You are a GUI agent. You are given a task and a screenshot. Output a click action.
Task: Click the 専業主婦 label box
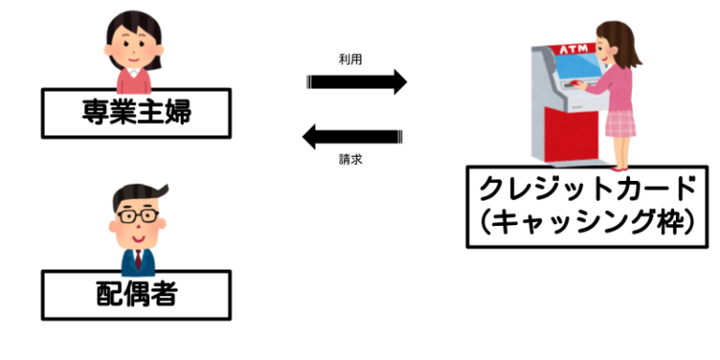tap(136, 112)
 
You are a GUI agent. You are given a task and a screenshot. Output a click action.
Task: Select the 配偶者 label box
tap(136, 294)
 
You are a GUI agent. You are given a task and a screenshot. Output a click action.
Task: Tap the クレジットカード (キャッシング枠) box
tap(587, 206)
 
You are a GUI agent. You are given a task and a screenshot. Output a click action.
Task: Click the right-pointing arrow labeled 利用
tap(356, 82)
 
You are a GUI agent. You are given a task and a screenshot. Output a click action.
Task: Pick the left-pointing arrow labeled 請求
tap(352, 138)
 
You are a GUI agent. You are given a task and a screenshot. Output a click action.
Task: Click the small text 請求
tap(351, 160)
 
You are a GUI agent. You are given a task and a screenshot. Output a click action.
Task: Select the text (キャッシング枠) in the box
tap(587, 224)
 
